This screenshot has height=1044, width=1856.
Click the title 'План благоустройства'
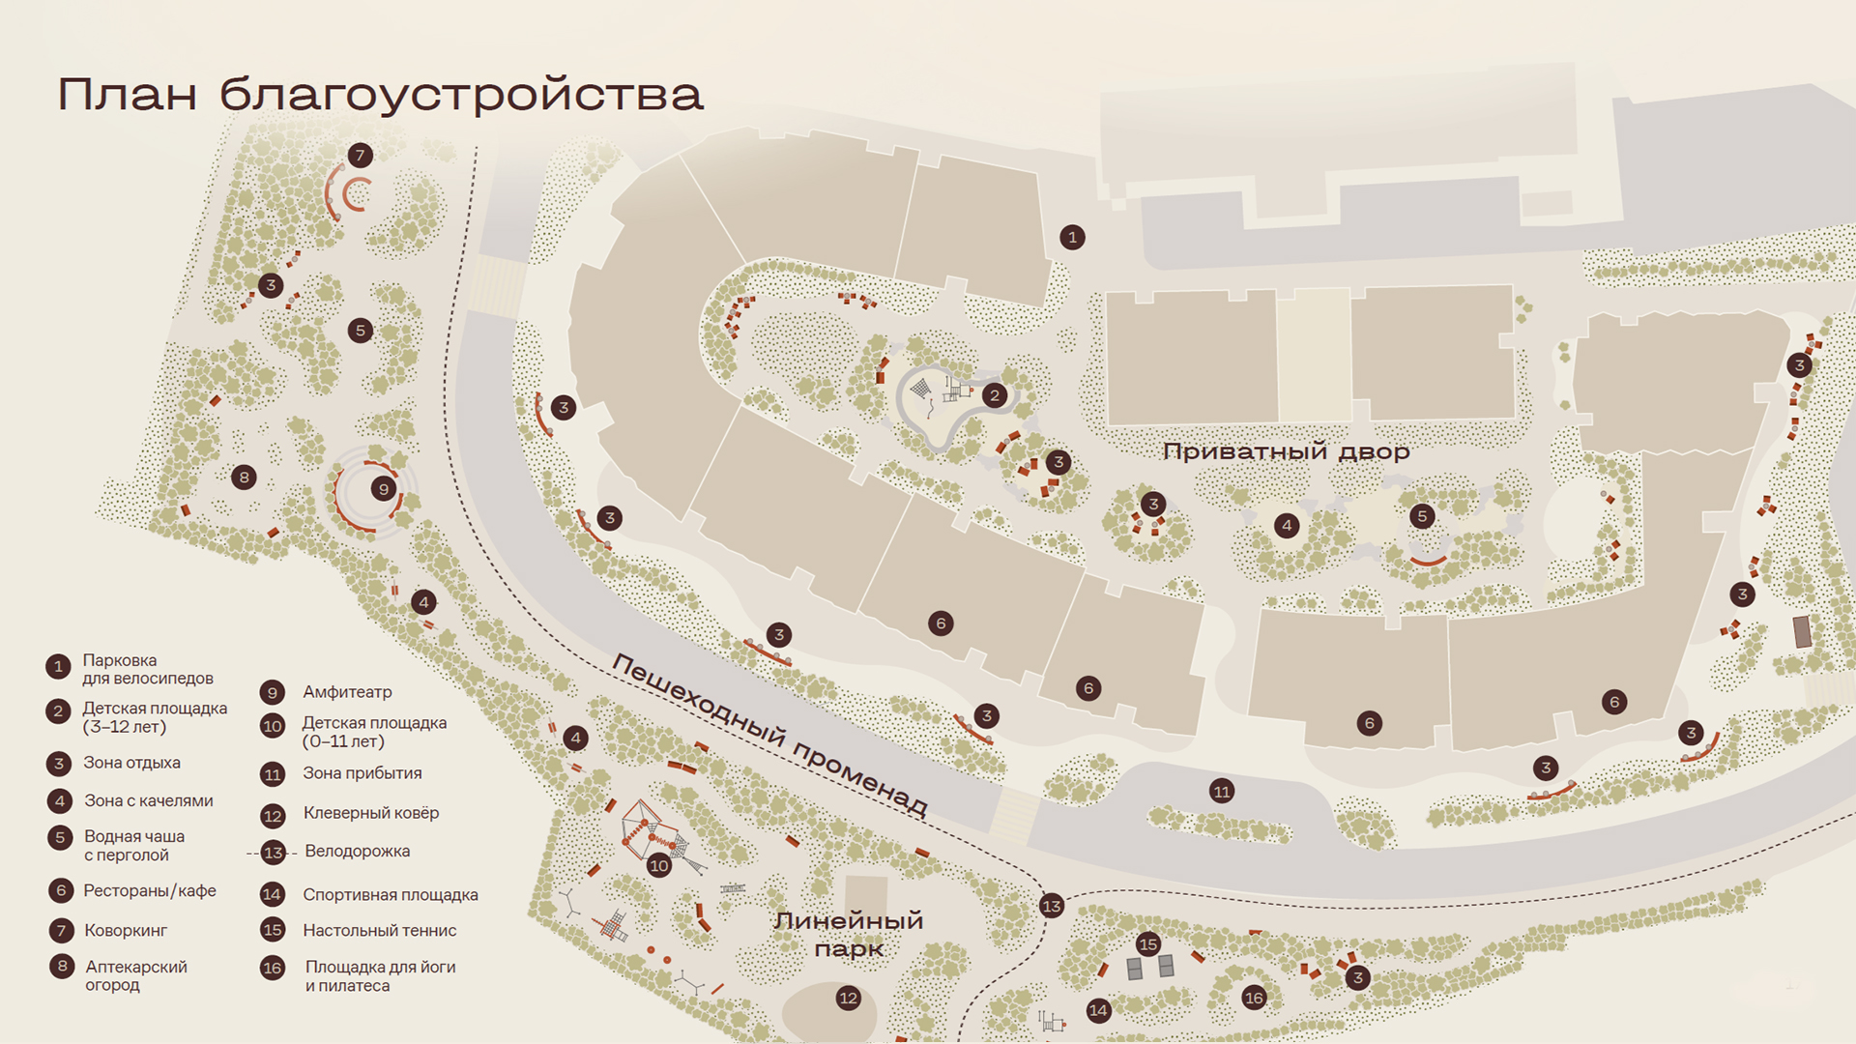[x=380, y=95]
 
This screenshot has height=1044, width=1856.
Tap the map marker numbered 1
[x=1072, y=238]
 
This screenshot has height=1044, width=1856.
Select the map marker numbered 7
[x=361, y=156]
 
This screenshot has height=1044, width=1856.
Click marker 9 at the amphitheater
[x=384, y=489]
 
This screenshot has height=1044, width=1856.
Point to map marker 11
[x=1222, y=792]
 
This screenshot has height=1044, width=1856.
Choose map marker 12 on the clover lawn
[x=848, y=999]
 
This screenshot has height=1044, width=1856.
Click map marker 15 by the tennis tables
[x=1147, y=944]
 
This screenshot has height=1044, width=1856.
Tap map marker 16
[x=1254, y=998]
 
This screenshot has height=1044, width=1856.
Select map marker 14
[x=1098, y=1011]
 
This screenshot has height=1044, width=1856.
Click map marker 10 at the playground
[x=659, y=865]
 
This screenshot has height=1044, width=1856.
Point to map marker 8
[x=244, y=477]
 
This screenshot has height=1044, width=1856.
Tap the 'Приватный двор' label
[x=1286, y=451]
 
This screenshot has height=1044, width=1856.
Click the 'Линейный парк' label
[x=848, y=935]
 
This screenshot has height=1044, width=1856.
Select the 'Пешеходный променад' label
[x=769, y=735]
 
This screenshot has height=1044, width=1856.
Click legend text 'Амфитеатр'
[x=347, y=692]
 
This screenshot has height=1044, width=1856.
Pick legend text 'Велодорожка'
[x=357, y=852]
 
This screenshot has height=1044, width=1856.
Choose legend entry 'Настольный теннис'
[x=379, y=931]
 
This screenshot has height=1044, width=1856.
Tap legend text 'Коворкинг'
[x=126, y=931]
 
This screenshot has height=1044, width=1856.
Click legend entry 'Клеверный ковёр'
[x=370, y=813]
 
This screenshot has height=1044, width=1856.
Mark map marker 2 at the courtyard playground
[x=995, y=395]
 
